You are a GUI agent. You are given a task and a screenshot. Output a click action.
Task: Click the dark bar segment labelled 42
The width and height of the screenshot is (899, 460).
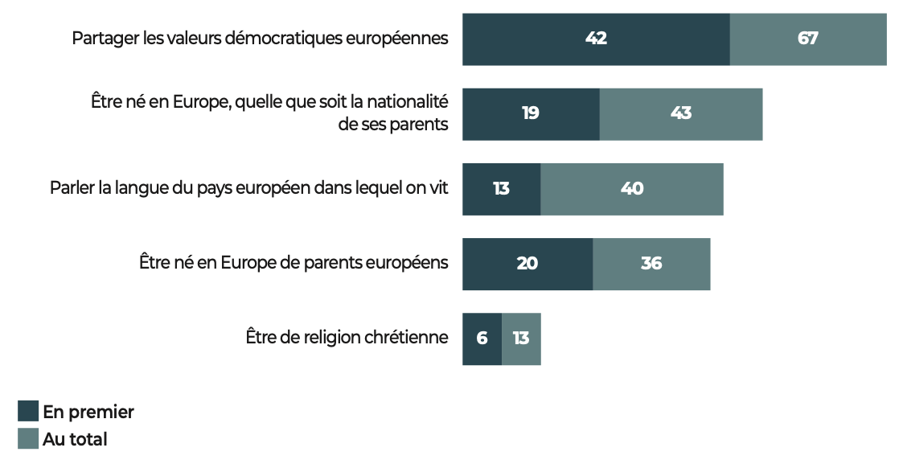[596, 39]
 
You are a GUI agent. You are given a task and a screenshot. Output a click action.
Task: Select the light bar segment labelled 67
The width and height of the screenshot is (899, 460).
[807, 39]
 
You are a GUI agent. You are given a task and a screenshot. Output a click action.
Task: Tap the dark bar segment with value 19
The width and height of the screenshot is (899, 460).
[531, 113]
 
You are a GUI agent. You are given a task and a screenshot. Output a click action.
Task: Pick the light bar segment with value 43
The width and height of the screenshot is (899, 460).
[680, 113]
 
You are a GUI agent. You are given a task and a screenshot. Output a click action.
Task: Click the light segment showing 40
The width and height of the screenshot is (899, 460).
[632, 189]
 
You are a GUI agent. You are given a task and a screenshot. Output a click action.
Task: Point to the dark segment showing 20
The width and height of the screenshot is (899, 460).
[527, 264]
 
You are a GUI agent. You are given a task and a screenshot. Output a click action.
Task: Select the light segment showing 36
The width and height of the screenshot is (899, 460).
[651, 264]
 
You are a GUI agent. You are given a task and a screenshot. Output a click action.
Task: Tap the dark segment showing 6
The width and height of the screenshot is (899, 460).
[482, 339]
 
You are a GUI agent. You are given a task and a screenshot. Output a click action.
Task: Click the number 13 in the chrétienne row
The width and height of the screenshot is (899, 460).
[521, 339]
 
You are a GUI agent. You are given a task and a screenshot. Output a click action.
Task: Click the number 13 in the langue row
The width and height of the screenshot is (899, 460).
[501, 189]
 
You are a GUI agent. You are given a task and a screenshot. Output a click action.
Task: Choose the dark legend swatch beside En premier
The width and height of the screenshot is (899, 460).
[28, 412]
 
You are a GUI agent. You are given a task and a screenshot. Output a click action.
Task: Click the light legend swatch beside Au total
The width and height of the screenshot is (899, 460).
[28, 439]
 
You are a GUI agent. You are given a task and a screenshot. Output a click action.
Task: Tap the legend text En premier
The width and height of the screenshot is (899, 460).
[88, 412]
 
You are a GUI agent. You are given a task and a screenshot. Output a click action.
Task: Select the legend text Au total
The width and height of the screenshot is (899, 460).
[75, 439]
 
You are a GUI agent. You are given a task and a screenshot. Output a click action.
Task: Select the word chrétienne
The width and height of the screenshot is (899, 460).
[406, 338]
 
